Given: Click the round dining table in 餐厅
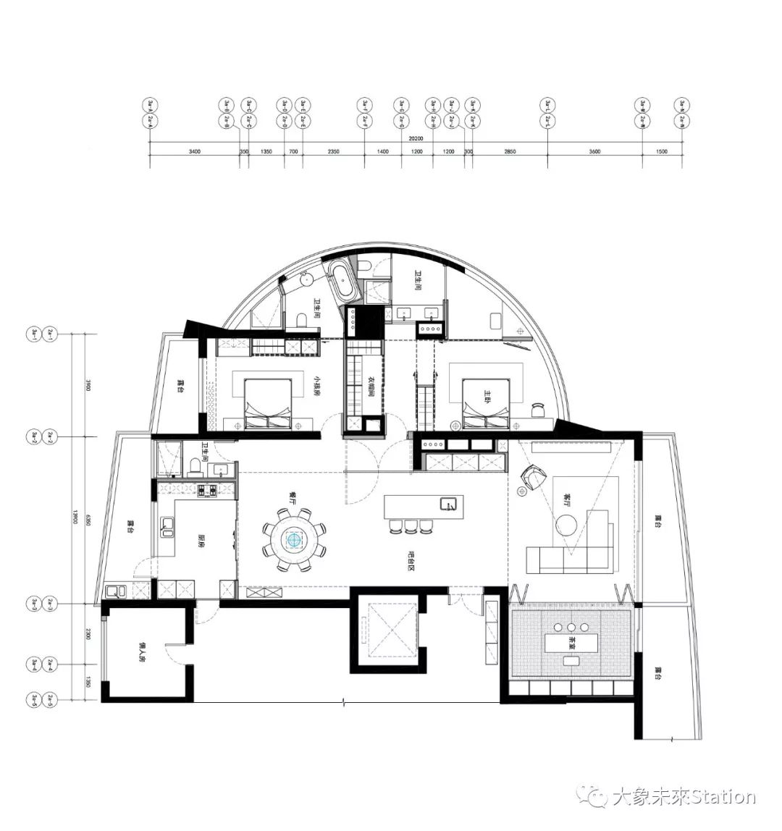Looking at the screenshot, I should point(294,539).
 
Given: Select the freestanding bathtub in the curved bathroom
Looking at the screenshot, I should point(343,282).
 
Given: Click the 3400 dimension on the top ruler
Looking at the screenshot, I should point(194,152).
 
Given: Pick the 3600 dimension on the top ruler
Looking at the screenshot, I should point(594,152).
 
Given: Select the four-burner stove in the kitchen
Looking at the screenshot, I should point(206,491).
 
